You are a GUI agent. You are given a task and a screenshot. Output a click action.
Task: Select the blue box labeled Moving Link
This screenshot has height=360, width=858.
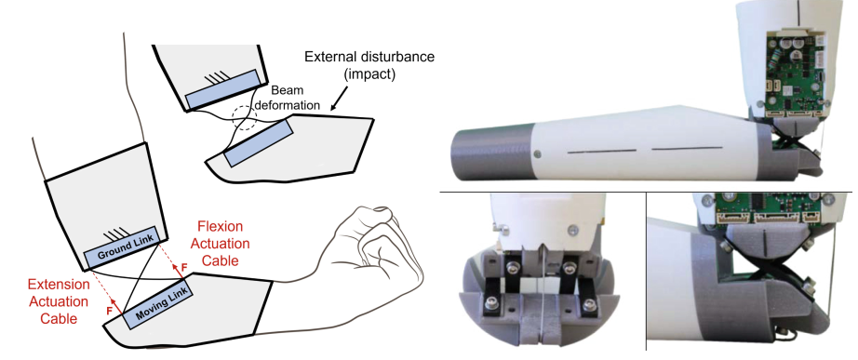click(x=158, y=303)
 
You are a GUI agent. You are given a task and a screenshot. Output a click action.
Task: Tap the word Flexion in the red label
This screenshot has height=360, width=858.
click(x=221, y=226)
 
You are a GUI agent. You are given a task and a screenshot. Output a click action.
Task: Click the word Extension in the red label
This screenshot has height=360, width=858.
click(x=59, y=285)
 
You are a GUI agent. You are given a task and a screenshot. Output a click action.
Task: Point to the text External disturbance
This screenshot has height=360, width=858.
click(x=369, y=57)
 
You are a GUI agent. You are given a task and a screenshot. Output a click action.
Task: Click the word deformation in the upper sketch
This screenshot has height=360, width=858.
click(x=290, y=105)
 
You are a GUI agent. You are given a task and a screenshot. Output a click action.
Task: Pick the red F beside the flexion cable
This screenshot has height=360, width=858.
click(x=184, y=266)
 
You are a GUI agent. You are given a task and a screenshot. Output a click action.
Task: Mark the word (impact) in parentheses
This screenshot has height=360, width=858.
click(x=369, y=74)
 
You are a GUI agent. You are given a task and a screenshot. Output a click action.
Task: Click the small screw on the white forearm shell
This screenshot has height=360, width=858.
click(x=537, y=154)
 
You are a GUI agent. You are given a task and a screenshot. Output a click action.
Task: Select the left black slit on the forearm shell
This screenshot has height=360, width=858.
click(x=602, y=151)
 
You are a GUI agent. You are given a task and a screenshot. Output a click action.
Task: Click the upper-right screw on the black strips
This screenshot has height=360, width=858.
click(x=568, y=268)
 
